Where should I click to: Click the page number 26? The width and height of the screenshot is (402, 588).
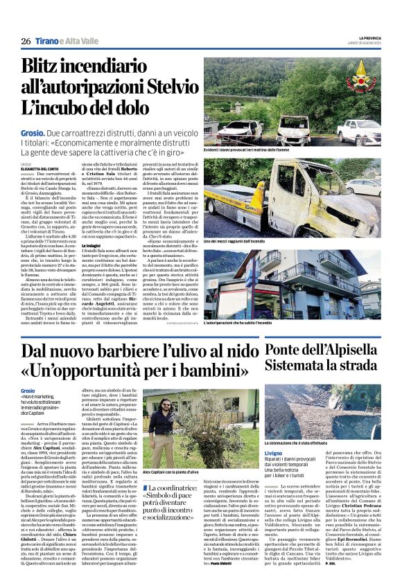(x=26, y=42)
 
